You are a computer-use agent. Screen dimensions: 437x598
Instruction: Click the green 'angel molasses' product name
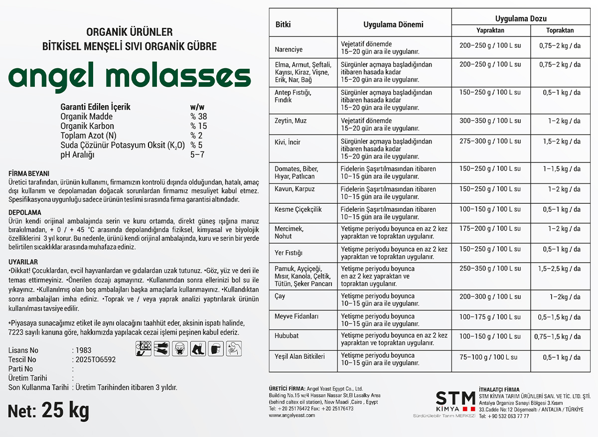point(130,77)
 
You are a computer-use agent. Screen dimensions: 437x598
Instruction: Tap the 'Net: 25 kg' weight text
point(49,411)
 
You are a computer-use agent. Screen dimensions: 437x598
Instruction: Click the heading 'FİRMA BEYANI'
point(29,173)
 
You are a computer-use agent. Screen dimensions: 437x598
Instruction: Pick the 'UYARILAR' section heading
point(23,262)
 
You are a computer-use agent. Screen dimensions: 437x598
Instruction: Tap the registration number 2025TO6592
point(95,359)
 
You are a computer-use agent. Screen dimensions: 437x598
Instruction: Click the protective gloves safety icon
point(161,348)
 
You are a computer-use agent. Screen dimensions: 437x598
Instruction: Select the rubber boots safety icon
point(198,348)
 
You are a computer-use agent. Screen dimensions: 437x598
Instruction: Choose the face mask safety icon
point(179,348)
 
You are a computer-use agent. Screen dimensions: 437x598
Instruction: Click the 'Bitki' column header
point(283,24)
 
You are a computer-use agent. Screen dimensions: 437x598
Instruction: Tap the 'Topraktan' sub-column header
point(560,30)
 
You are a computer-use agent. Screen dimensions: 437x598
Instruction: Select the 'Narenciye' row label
point(289,50)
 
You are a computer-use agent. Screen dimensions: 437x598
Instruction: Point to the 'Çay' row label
point(280,296)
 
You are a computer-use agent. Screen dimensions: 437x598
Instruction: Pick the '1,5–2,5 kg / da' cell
point(559,269)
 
